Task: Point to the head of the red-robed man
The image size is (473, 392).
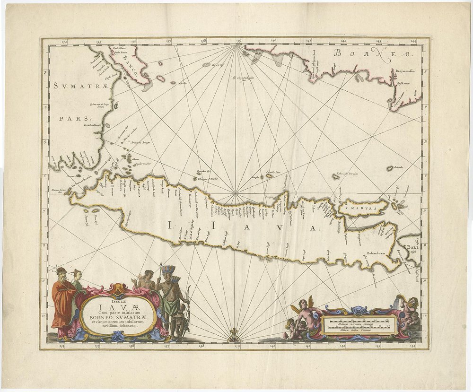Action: click(x=61, y=274)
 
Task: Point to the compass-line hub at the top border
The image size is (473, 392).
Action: click(x=236, y=46)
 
